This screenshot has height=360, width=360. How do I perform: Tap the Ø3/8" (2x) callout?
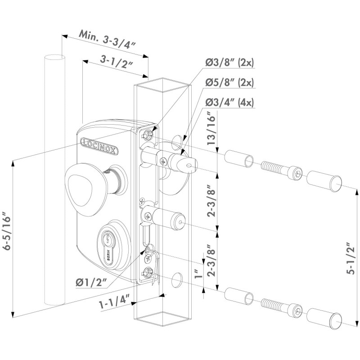(229, 63)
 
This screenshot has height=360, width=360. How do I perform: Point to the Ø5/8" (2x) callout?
(229, 82)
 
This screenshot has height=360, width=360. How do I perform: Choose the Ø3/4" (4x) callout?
(229, 102)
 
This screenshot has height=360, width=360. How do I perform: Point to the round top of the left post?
(54, 58)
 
